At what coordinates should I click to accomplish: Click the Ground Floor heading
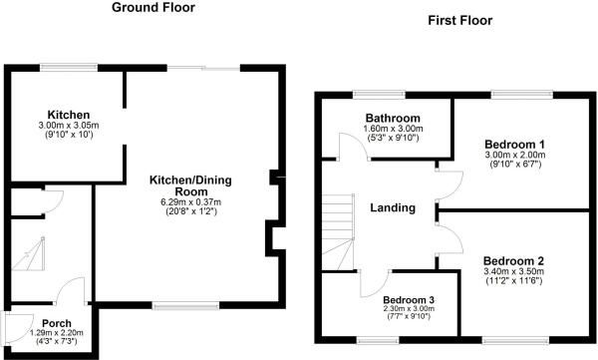pyautogui.click(x=153, y=7)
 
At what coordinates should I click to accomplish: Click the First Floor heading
pyautogui.click(x=459, y=20)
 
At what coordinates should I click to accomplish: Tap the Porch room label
pyautogui.click(x=57, y=323)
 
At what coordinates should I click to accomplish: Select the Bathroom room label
pyautogui.click(x=393, y=118)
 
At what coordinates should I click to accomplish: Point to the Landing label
pyautogui.click(x=393, y=207)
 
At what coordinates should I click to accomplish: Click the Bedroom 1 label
pyautogui.click(x=514, y=145)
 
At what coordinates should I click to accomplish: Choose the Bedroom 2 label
pyautogui.click(x=513, y=261)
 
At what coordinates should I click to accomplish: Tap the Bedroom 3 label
pyautogui.click(x=409, y=300)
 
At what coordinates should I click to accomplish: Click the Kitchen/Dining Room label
pyautogui.click(x=190, y=185)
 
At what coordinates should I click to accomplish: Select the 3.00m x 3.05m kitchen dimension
pyautogui.click(x=69, y=126)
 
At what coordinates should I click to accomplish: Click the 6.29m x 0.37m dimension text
pyautogui.click(x=190, y=202)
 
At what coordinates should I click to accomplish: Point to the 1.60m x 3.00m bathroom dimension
pyautogui.click(x=393, y=129)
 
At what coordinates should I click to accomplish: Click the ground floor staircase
pyautogui.click(x=28, y=254)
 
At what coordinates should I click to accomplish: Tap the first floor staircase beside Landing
pyautogui.click(x=338, y=232)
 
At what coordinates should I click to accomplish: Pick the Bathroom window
pyautogui.click(x=379, y=94)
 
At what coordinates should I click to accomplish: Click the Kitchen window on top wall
pyautogui.click(x=69, y=67)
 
